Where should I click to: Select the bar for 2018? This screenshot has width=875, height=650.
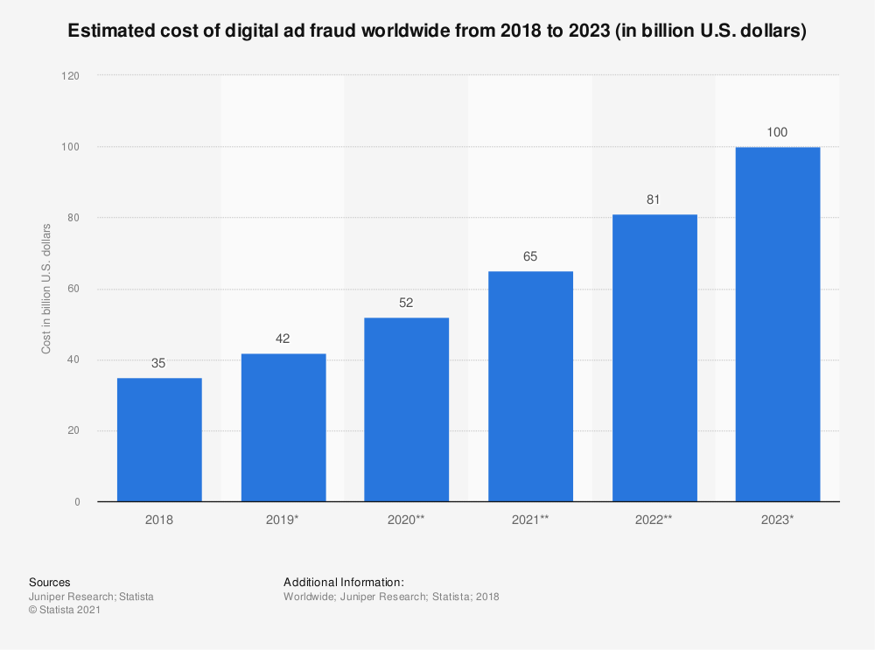pos(159,439)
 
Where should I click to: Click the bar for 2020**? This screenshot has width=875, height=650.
pos(407,409)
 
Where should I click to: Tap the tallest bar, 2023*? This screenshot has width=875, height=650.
pos(778,324)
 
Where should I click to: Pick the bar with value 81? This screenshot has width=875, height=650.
pos(654,358)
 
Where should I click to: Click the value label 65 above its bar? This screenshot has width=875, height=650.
pos(530,256)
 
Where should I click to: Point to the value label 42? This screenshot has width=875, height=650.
pos(283,339)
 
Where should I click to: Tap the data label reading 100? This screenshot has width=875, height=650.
pos(778,132)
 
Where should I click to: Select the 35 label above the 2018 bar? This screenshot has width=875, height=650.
pos(159,363)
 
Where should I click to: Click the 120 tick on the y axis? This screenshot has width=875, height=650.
pos(70,76)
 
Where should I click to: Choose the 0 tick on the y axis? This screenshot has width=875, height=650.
pos(76,502)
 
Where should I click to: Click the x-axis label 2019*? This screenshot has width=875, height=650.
pos(283,520)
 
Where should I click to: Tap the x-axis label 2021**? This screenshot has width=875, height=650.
pos(530,520)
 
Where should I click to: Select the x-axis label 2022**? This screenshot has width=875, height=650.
pos(654,520)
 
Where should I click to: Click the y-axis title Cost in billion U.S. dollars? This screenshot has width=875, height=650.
pos(46,289)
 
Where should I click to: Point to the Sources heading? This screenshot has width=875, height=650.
pos(50,582)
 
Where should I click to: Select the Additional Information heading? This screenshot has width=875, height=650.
pos(344,582)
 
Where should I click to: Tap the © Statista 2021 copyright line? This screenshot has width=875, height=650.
pos(65,611)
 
